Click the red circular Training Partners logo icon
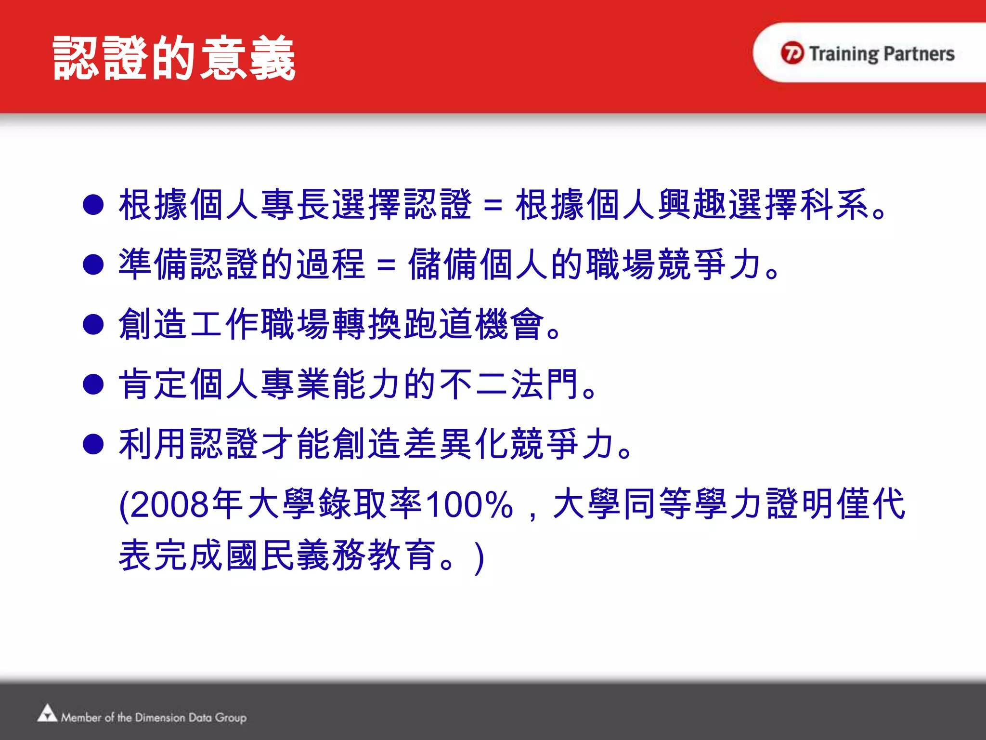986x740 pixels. (792, 53)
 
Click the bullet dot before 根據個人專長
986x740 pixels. (93, 205)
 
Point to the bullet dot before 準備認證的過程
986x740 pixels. (93, 264)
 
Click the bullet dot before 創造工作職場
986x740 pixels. (93, 324)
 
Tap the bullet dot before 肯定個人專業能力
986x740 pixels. (93, 384)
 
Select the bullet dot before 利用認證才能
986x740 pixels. (93, 444)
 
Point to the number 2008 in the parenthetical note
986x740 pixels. (169, 504)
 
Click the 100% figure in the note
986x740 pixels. (470, 504)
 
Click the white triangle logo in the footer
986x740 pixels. (47, 714)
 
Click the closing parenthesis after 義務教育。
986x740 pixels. (479, 557)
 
